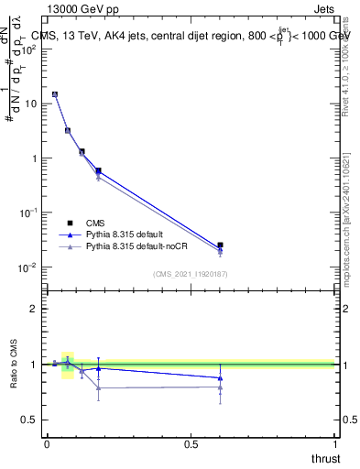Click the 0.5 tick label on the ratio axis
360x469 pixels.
click(29, 420)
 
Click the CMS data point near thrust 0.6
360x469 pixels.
click(220, 245)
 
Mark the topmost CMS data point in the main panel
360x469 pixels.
click(55, 94)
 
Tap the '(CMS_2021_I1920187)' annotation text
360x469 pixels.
click(191, 274)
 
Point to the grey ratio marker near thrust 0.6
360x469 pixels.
click(220, 387)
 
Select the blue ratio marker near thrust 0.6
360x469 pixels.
click(220, 377)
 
